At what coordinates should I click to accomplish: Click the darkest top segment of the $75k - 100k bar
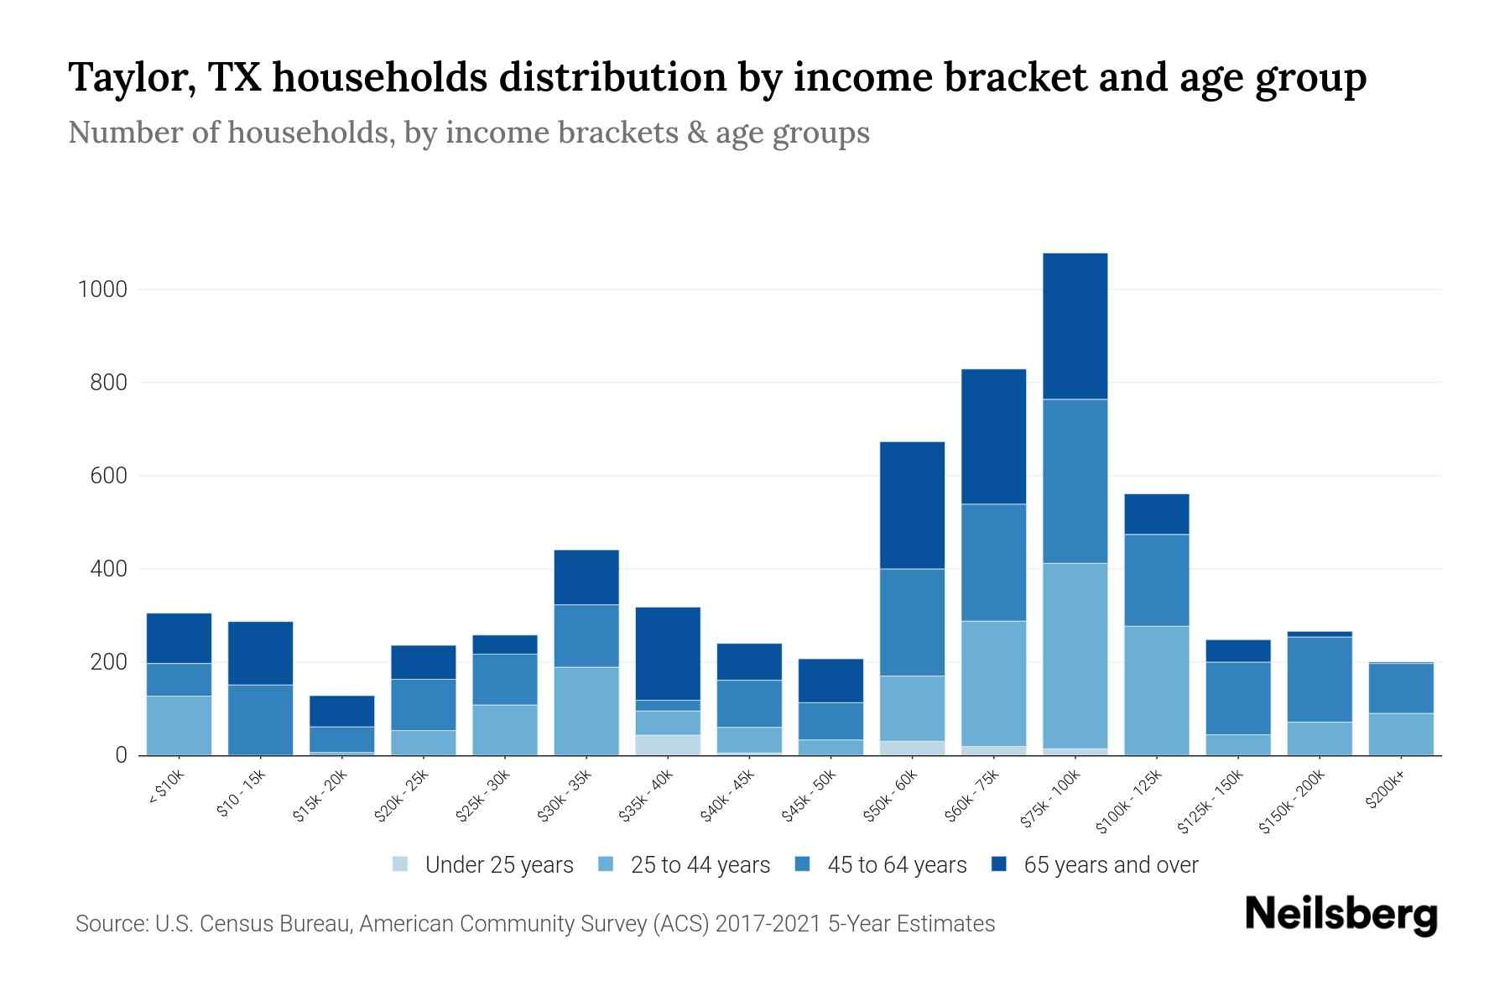1075,326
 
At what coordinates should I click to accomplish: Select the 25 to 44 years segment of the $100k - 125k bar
1156,690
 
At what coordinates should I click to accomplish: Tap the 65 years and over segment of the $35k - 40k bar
668,653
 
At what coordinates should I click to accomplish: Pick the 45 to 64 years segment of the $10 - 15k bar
260,719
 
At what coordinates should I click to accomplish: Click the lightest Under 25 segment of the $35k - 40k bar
668,744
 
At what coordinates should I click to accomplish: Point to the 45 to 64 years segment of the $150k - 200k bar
1320,679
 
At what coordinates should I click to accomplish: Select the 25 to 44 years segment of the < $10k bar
179,725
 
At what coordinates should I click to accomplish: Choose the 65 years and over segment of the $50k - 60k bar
912,505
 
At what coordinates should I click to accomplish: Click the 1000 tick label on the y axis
102,290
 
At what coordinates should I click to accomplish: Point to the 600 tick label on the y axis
108,476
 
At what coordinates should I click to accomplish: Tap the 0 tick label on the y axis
121,755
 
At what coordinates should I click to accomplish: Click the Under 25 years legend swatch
400,864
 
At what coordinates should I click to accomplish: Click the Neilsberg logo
1341,914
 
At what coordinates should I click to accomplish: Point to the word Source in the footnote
110,924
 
